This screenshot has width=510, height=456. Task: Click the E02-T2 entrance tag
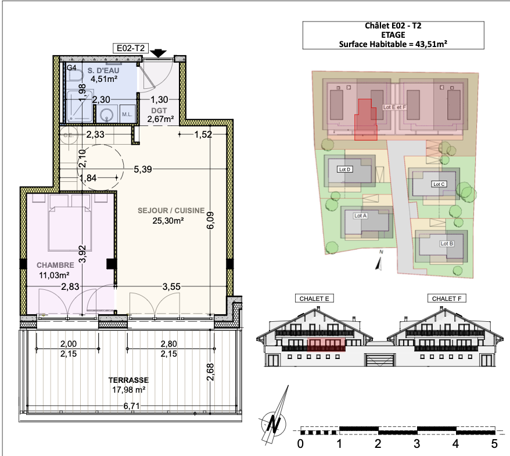(131, 48)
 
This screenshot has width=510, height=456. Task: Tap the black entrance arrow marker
(158, 53)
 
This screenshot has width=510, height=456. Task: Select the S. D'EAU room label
(103, 70)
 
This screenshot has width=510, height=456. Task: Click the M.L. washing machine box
(128, 114)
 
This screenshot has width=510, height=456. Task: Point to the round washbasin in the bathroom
(106, 115)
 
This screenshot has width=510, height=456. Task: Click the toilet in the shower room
(74, 76)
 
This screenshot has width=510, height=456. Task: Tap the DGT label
(159, 110)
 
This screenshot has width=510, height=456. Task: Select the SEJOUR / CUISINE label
(171, 210)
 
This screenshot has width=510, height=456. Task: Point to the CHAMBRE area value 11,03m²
(54, 275)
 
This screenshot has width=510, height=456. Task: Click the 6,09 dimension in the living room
(210, 220)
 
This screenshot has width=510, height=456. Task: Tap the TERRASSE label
(128, 380)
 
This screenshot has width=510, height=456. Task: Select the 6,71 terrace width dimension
(131, 406)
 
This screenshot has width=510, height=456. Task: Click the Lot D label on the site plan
(345, 170)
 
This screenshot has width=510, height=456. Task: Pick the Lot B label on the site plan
(447, 243)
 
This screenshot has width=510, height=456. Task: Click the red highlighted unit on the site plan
(365, 121)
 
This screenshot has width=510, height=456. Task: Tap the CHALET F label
(447, 299)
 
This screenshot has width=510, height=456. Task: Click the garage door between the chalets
(380, 360)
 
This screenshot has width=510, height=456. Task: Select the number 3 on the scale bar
(416, 444)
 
